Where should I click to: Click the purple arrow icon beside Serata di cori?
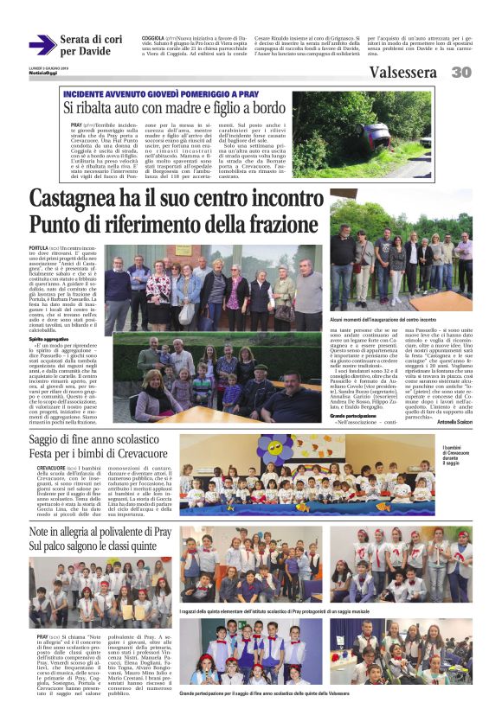pyautogui.click(x=42, y=44)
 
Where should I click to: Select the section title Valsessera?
pyautogui.click(x=402, y=73)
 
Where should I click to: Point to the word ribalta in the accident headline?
pyautogui.click(x=109, y=108)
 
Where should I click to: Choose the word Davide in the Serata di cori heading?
pyautogui.click(x=89, y=52)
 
